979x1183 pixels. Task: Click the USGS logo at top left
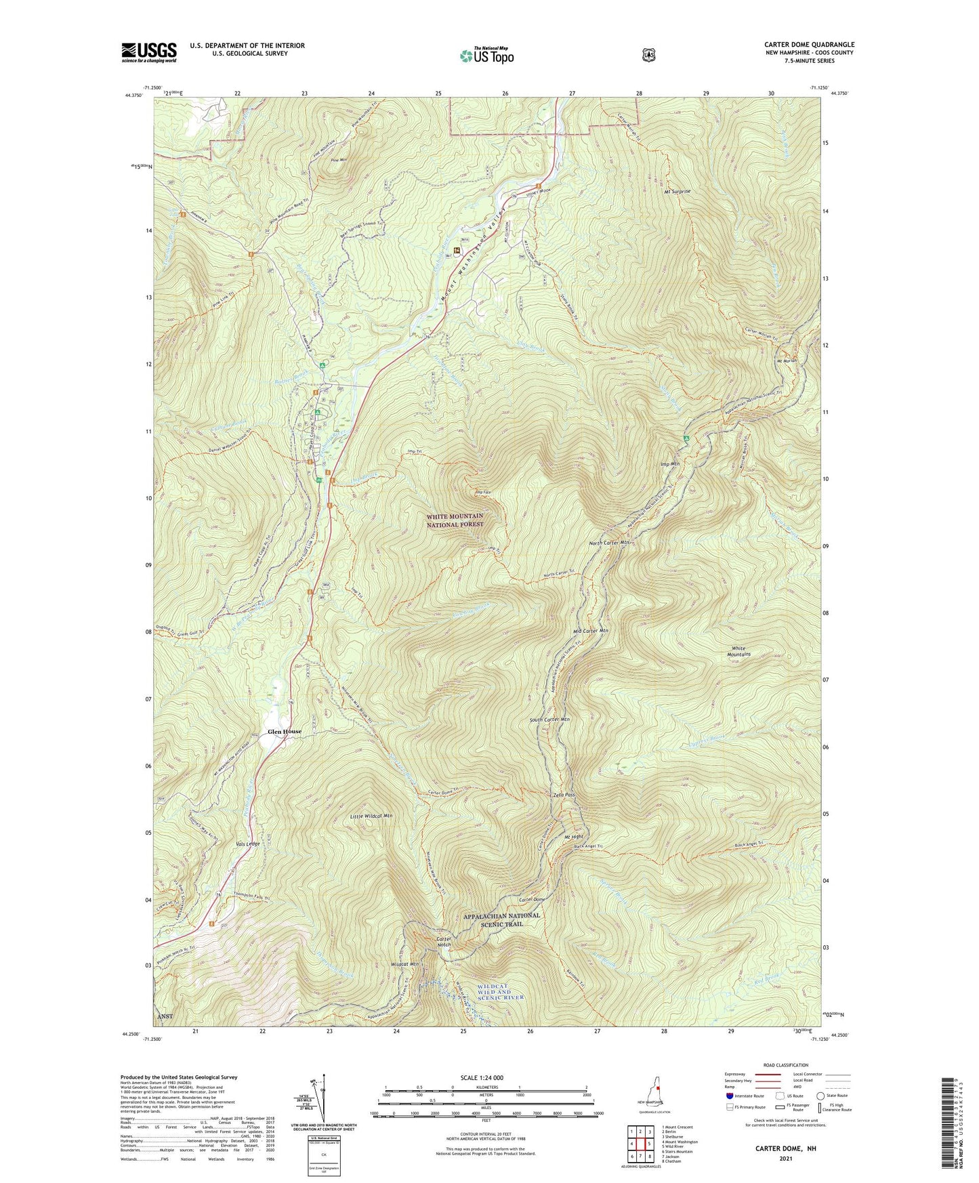click(x=149, y=52)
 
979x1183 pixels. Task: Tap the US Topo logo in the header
click(x=486, y=56)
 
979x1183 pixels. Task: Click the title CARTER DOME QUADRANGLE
click(x=809, y=45)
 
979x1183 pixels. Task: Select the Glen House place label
click(x=284, y=732)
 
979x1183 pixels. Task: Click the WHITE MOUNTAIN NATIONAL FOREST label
click(x=455, y=520)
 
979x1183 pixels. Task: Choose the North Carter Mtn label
click(x=610, y=543)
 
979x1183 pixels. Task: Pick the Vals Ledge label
click(x=248, y=844)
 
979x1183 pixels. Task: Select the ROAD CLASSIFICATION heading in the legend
click(x=785, y=1066)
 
